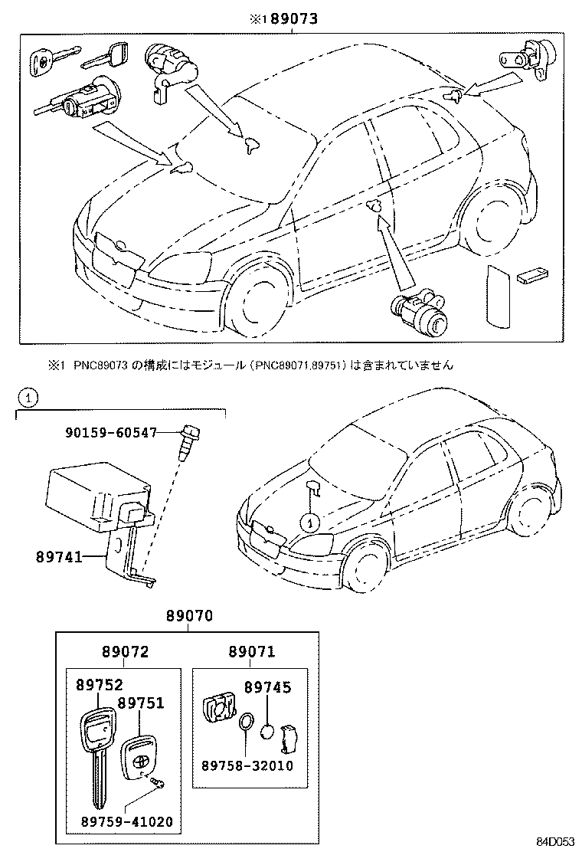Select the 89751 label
tap(141, 703)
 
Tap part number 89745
tap(268, 688)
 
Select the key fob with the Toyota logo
tap(142, 759)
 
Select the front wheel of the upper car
tap(255, 298)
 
